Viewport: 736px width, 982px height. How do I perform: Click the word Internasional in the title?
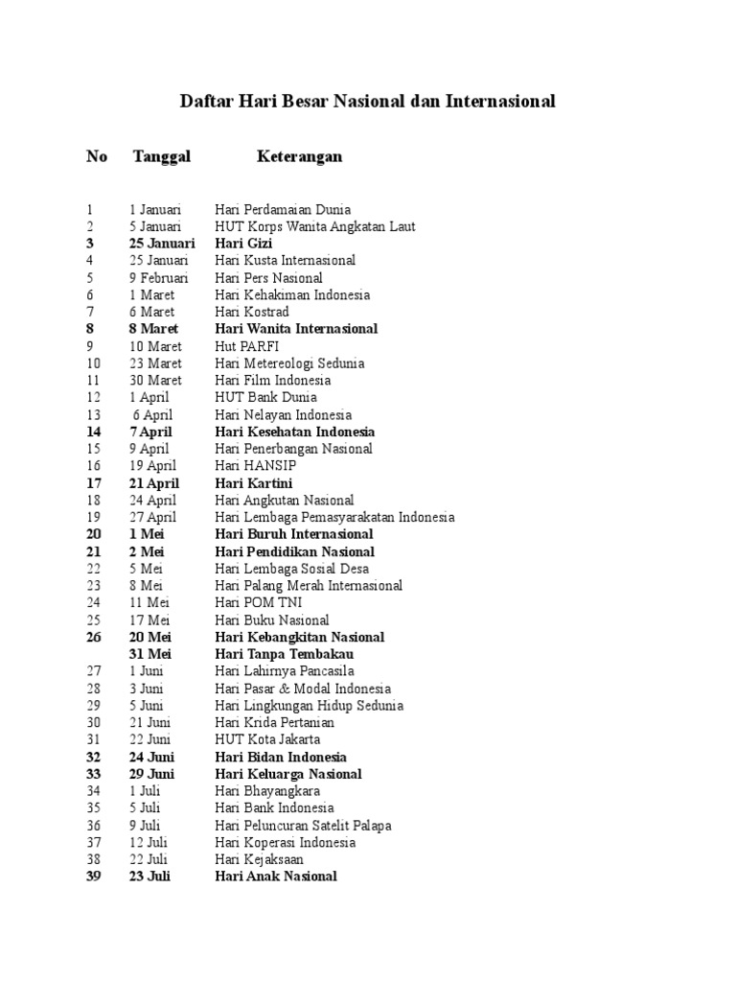pyautogui.click(x=500, y=101)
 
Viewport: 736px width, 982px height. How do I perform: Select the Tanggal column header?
pyautogui.click(x=162, y=156)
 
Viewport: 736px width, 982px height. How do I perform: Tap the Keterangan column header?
pyautogui.click(x=299, y=156)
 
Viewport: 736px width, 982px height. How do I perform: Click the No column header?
pyautogui.click(x=97, y=156)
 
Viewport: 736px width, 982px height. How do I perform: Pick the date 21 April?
pyautogui.click(x=154, y=483)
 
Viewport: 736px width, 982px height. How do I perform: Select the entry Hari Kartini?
pyautogui.click(x=254, y=483)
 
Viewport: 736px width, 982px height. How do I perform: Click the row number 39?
pyautogui.click(x=94, y=877)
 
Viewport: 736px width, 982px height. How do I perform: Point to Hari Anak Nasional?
pyautogui.click(x=276, y=877)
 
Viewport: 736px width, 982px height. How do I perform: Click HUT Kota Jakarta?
pyautogui.click(x=267, y=739)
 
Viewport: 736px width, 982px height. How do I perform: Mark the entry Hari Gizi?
pyautogui.click(x=243, y=244)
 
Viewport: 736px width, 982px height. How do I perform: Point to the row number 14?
pyautogui.click(x=94, y=432)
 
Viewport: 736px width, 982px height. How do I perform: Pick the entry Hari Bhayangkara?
pyautogui.click(x=267, y=791)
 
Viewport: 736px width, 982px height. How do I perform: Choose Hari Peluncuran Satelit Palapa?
pyautogui.click(x=303, y=826)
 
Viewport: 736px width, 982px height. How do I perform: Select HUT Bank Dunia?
pyautogui.click(x=265, y=397)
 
